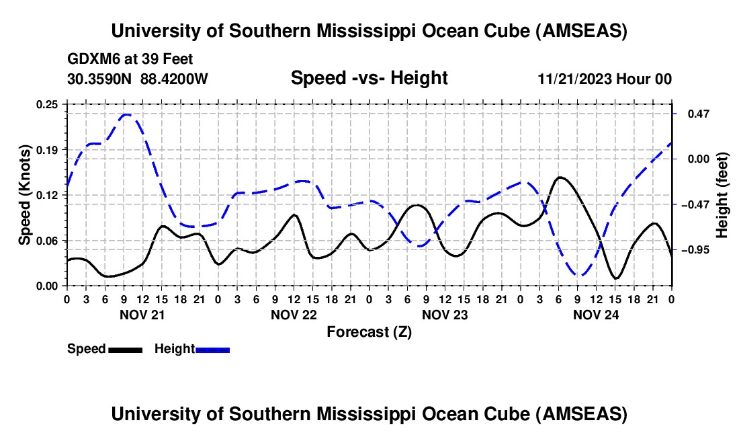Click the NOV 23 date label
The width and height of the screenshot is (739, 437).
(x=445, y=315)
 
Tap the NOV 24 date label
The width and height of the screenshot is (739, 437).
(x=596, y=315)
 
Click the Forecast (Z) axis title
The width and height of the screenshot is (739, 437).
(x=369, y=331)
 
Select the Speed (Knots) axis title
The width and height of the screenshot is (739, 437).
(x=25, y=194)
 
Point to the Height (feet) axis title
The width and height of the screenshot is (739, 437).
(x=722, y=194)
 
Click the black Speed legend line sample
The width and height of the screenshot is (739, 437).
(x=125, y=349)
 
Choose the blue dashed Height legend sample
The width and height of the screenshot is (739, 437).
(x=212, y=349)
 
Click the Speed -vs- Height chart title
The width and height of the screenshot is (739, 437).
(x=369, y=79)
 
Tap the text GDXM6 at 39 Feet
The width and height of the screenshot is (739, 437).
(x=130, y=59)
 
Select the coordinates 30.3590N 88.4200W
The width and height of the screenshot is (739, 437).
(x=138, y=79)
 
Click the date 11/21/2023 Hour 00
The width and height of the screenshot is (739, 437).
(x=605, y=79)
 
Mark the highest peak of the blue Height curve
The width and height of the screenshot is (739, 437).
(x=126, y=114)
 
